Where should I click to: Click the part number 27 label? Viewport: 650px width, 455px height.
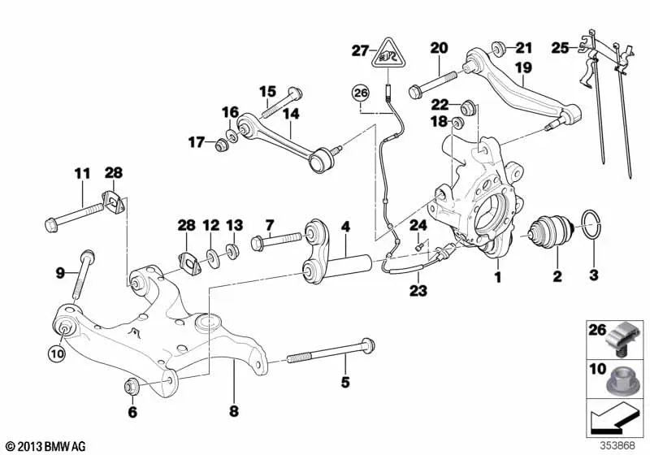pos(361,50)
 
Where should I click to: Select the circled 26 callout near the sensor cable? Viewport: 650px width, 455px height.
pos(361,93)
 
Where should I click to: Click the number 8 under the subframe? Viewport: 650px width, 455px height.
pos(233,411)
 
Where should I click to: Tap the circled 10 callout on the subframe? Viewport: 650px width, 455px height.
pos(57,353)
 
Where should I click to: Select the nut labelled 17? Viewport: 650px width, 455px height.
pos(219,145)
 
